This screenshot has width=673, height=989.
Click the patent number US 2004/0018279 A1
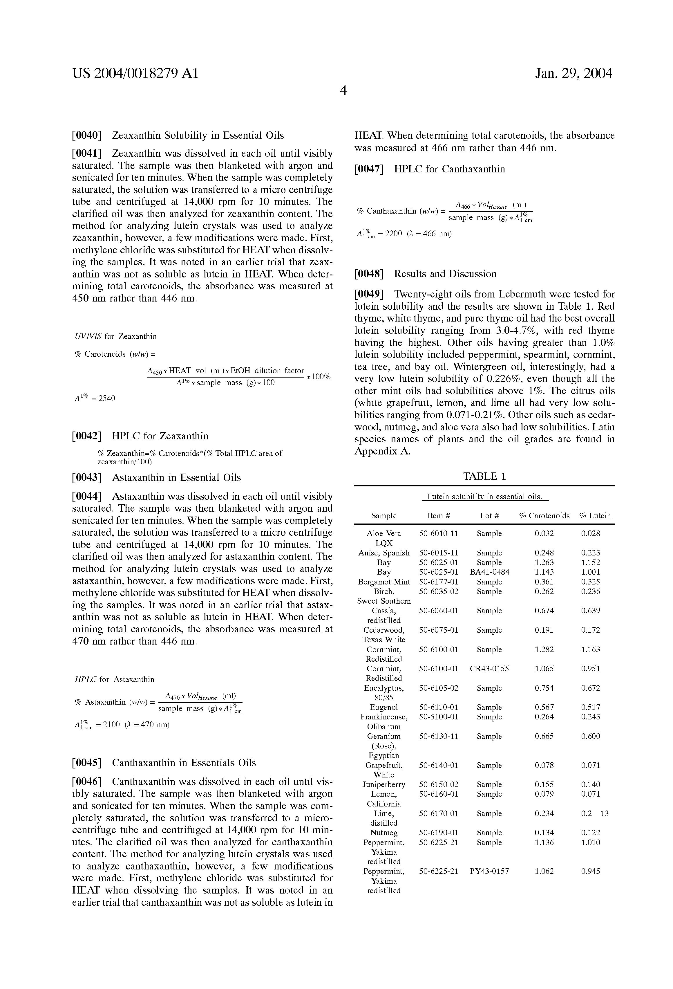pos(135,74)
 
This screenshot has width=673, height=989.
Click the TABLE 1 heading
pos(484,476)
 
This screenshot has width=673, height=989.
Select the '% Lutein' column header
pos(595,516)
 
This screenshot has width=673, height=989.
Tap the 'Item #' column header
pos(439,516)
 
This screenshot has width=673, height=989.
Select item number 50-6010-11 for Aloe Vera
pos(439,533)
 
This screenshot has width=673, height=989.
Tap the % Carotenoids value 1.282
pos(544,649)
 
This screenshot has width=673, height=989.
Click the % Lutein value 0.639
pos(590,611)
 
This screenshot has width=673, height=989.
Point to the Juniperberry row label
pos(384,784)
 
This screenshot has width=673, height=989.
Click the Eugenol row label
pos(384,707)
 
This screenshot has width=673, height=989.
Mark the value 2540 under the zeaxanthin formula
pos(106,399)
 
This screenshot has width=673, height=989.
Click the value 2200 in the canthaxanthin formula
pos(394,234)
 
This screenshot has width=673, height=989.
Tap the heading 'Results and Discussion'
pos(445,274)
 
